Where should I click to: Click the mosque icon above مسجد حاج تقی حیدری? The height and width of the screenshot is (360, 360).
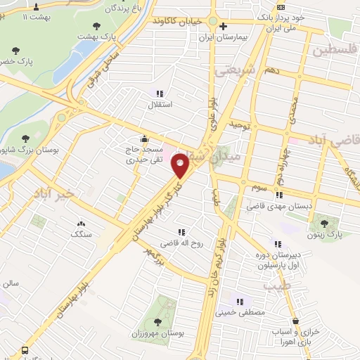pyautogui.click(x=144, y=138)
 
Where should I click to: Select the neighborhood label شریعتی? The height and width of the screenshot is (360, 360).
pyautogui.click(x=231, y=71)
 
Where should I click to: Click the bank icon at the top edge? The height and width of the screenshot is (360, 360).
pyautogui.click(x=281, y=5)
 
